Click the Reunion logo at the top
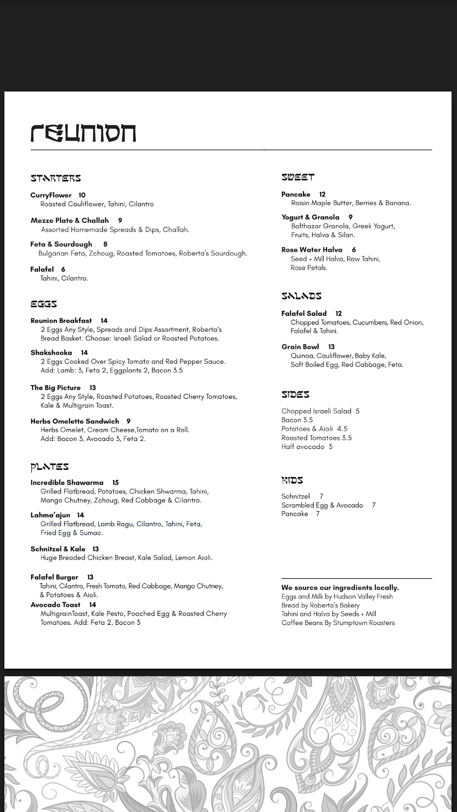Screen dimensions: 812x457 83,133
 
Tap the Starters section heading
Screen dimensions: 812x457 56,178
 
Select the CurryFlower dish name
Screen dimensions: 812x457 51,195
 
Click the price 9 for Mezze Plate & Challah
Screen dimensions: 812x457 120,220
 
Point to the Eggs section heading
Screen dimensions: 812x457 43,304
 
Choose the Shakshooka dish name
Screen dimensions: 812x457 51,352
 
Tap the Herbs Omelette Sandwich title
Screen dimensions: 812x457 75,421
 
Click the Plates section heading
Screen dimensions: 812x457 50,467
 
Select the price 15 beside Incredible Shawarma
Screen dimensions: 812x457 115,482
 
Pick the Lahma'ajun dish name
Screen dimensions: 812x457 50,515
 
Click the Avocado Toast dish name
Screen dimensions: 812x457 56,605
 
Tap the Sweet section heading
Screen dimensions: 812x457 298,177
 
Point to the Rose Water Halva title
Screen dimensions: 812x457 312,250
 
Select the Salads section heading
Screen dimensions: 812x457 301,296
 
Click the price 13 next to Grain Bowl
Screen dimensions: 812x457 331,347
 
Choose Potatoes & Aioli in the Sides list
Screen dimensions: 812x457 307,429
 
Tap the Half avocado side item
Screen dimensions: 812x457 303,447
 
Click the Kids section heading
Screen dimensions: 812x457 292,480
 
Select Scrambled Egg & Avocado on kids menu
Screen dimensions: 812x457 322,505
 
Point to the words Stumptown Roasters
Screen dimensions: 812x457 364,623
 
